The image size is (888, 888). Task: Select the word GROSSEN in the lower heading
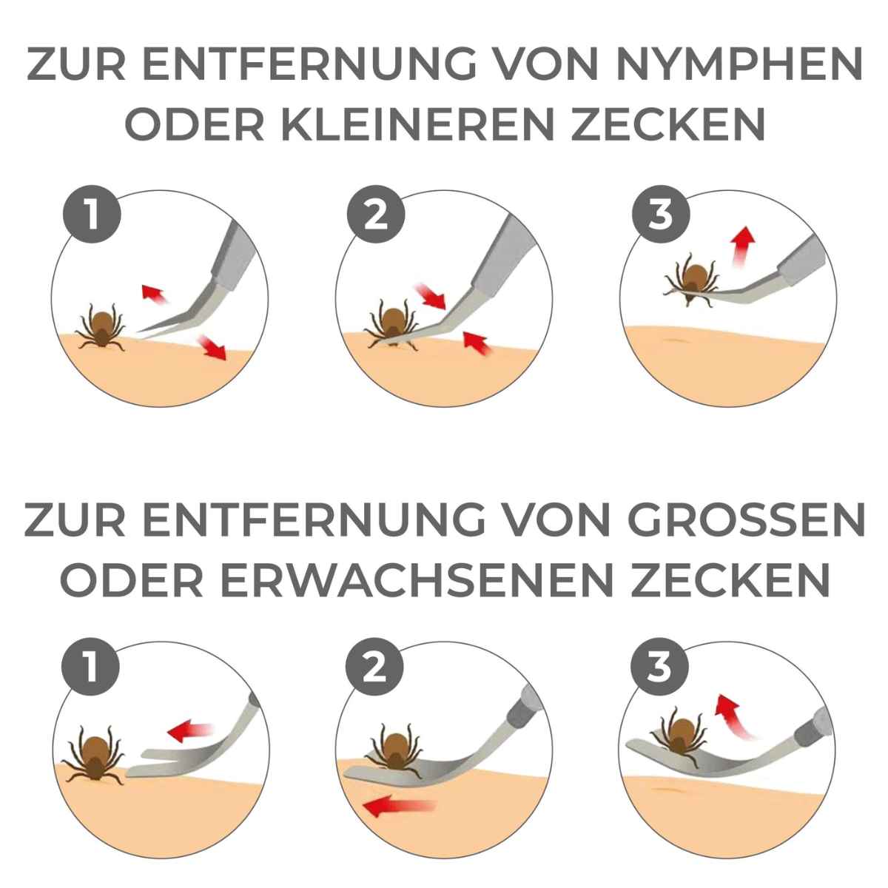[746, 519]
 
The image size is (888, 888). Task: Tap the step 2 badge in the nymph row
[376, 215]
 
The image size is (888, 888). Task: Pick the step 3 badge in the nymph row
[660, 215]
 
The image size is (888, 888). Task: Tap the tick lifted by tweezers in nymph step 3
[691, 279]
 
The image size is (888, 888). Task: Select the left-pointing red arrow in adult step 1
[190, 730]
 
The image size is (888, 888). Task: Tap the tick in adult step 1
[95, 756]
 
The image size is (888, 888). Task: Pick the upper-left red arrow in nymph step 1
[155, 294]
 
